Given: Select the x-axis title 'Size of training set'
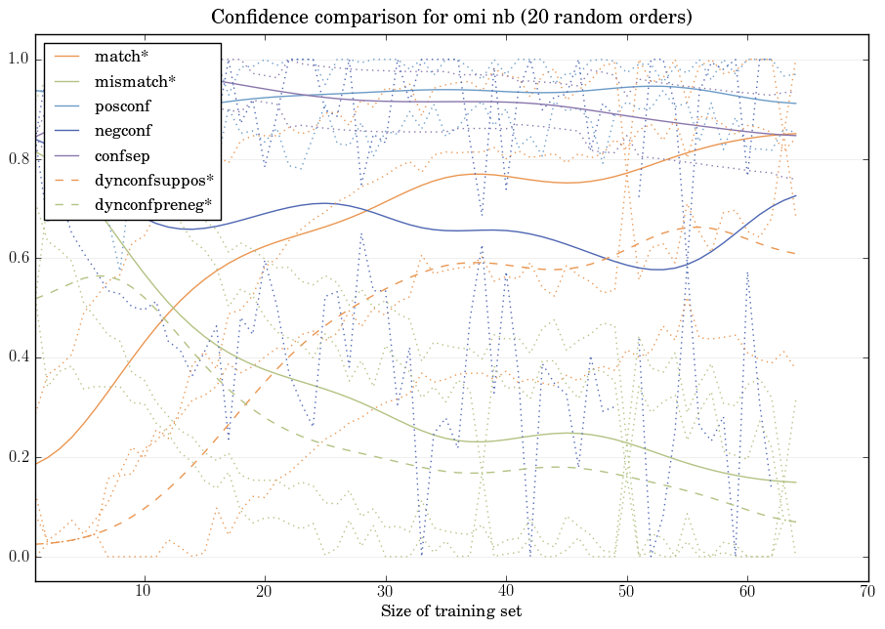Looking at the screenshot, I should (450, 612).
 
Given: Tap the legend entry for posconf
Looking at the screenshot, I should (123, 106).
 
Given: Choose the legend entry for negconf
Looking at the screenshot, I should (123, 131).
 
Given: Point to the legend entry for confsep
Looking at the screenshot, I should (121, 155).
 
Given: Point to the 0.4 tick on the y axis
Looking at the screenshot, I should (19, 358).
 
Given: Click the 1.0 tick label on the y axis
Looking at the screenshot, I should (19, 60).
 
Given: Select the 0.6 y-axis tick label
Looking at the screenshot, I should (19, 259).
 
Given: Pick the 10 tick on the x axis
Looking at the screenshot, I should (144, 592).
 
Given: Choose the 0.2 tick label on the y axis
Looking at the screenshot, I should (19, 458).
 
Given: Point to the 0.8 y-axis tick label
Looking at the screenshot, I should (19, 159).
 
